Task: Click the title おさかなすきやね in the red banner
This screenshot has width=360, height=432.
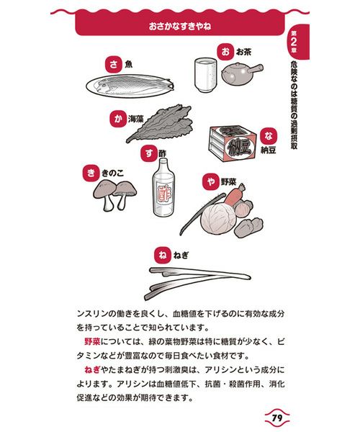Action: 180,26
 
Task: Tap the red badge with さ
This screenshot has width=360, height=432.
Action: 114,65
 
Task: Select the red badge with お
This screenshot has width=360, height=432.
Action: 225,52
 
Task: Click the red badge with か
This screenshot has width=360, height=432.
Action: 118,119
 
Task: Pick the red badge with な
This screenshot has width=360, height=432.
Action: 269,136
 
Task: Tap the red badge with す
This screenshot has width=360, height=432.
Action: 149,153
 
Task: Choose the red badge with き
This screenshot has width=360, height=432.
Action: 91,173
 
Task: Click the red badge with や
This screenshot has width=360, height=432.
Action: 211,182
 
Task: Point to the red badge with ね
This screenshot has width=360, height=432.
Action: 162,255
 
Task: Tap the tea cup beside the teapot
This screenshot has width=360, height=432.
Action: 206,75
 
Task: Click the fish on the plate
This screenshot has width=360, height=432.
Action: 132,84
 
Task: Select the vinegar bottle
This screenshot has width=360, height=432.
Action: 163,188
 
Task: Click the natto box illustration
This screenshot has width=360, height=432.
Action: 233,143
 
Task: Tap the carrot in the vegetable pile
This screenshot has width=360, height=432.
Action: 235,195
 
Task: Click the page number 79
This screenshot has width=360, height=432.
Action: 277,418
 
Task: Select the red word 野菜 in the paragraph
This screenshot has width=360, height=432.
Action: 92,341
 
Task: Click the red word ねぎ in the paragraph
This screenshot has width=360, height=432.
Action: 92,369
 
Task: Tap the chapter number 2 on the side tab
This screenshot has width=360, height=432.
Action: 294,42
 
